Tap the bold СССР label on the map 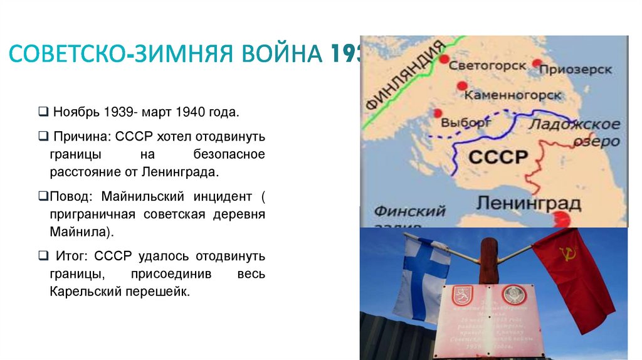pos(498,156)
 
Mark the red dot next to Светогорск pos(445,60)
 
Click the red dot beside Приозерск pos(537,63)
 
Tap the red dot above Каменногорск pos(462,86)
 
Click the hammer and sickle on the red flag pos(568,255)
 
